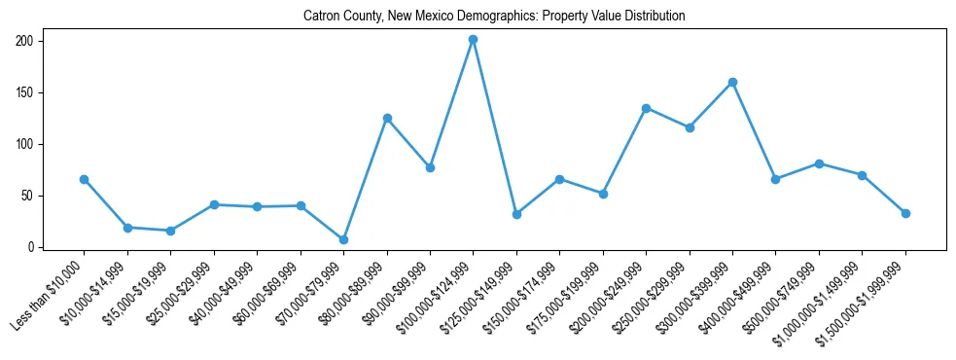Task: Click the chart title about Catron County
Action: point(494,16)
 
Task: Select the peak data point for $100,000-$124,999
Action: point(473,40)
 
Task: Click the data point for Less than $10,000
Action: point(84,179)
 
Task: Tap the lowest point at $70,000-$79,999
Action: point(343,239)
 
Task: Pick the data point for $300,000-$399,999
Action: point(732,82)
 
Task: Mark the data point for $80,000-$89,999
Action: point(387,118)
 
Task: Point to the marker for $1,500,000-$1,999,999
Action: point(905,213)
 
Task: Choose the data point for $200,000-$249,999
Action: point(646,108)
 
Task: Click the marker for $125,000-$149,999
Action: point(516,214)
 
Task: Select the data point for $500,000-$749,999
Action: point(819,163)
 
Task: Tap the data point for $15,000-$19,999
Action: point(170,231)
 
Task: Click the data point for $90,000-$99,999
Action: point(430,167)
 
